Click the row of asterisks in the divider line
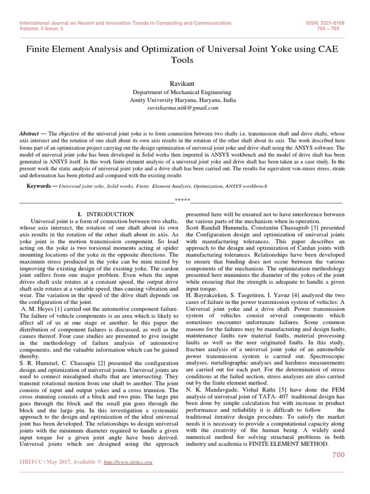(x=182, y=200)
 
